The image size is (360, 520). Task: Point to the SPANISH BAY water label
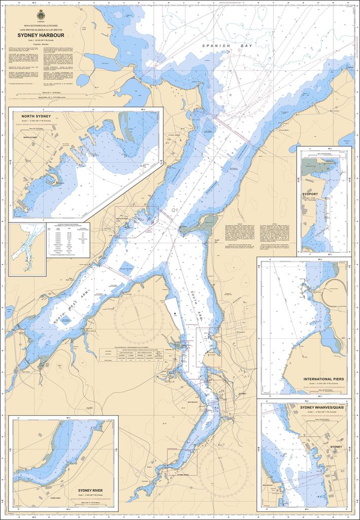coord(223,46)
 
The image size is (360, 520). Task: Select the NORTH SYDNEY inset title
coord(35,117)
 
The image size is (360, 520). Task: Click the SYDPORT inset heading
coord(310,193)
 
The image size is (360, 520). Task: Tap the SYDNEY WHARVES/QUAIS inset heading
coord(321,407)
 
